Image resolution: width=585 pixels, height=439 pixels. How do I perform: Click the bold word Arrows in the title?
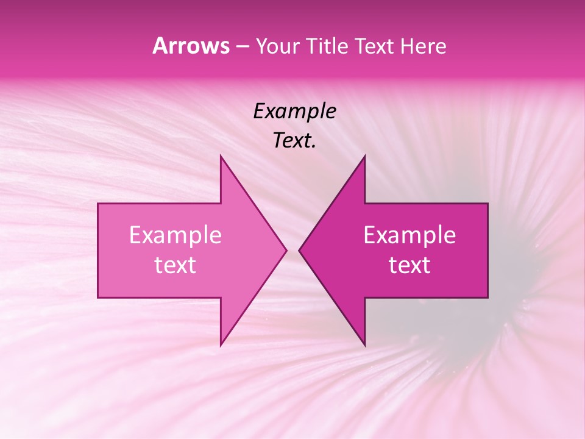(191, 46)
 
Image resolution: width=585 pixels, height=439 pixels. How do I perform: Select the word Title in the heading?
(327, 46)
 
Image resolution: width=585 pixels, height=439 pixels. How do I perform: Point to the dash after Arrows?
(243, 47)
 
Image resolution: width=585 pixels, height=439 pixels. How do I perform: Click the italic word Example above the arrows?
(294, 112)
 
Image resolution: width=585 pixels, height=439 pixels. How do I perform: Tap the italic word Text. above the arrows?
(293, 141)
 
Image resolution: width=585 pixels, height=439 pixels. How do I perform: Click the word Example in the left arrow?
(175, 235)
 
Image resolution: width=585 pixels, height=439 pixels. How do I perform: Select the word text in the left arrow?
(175, 265)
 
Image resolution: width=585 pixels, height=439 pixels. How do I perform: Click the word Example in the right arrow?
(409, 235)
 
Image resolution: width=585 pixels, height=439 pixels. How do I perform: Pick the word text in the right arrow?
(409, 265)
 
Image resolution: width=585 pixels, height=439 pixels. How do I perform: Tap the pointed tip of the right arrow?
(300, 250)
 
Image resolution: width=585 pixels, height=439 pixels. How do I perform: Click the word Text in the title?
(372, 46)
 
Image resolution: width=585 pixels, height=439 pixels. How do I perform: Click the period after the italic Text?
(314, 147)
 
